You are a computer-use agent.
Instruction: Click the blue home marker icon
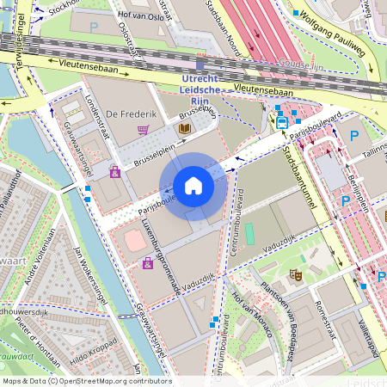tap(193, 186)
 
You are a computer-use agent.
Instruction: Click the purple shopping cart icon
tap(144, 130)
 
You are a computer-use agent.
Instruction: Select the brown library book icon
tap(183, 128)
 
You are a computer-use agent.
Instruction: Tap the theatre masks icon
tap(295, 275)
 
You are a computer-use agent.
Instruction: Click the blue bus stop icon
tap(281, 122)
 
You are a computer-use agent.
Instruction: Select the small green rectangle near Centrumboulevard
tap(249, 233)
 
